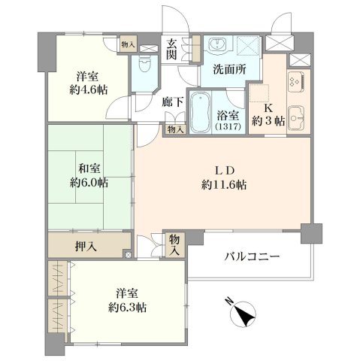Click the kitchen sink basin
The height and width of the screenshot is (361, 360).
[x=295, y=118]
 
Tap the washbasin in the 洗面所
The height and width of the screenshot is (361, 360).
[x=217, y=45]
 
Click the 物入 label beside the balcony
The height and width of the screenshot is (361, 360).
[x=174, y=244]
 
